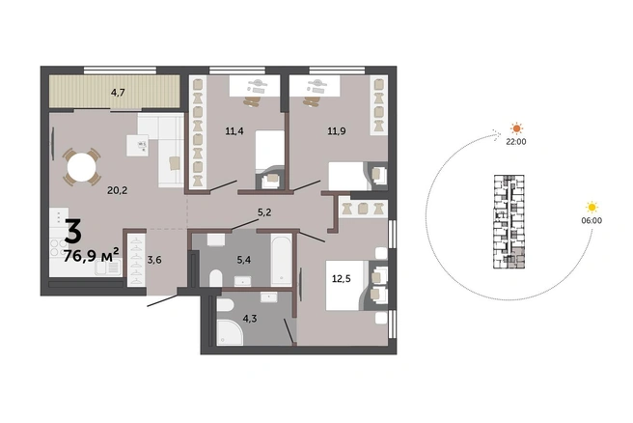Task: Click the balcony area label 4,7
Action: [118, 93]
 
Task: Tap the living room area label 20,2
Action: [117, 190]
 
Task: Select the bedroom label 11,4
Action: [234, 131]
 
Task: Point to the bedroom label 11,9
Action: [336, 131]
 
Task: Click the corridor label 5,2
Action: [264, 212]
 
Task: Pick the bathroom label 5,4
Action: [244, 260]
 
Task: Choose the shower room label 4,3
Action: [250, 319]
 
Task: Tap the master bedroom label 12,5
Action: [342, 278]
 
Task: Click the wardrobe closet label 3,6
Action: [154, 260]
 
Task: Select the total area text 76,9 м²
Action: [92, 255]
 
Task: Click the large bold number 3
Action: [73, 231]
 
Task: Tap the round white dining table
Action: [82, 167]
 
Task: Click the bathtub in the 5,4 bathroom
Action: [281, 260]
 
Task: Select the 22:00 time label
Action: [516, 142]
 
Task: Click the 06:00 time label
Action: [592, 220]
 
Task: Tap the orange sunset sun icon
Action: [516, 128]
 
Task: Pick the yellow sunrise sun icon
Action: [592, 208]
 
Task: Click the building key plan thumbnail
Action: [509, 222]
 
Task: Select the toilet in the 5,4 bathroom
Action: [216, 278]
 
